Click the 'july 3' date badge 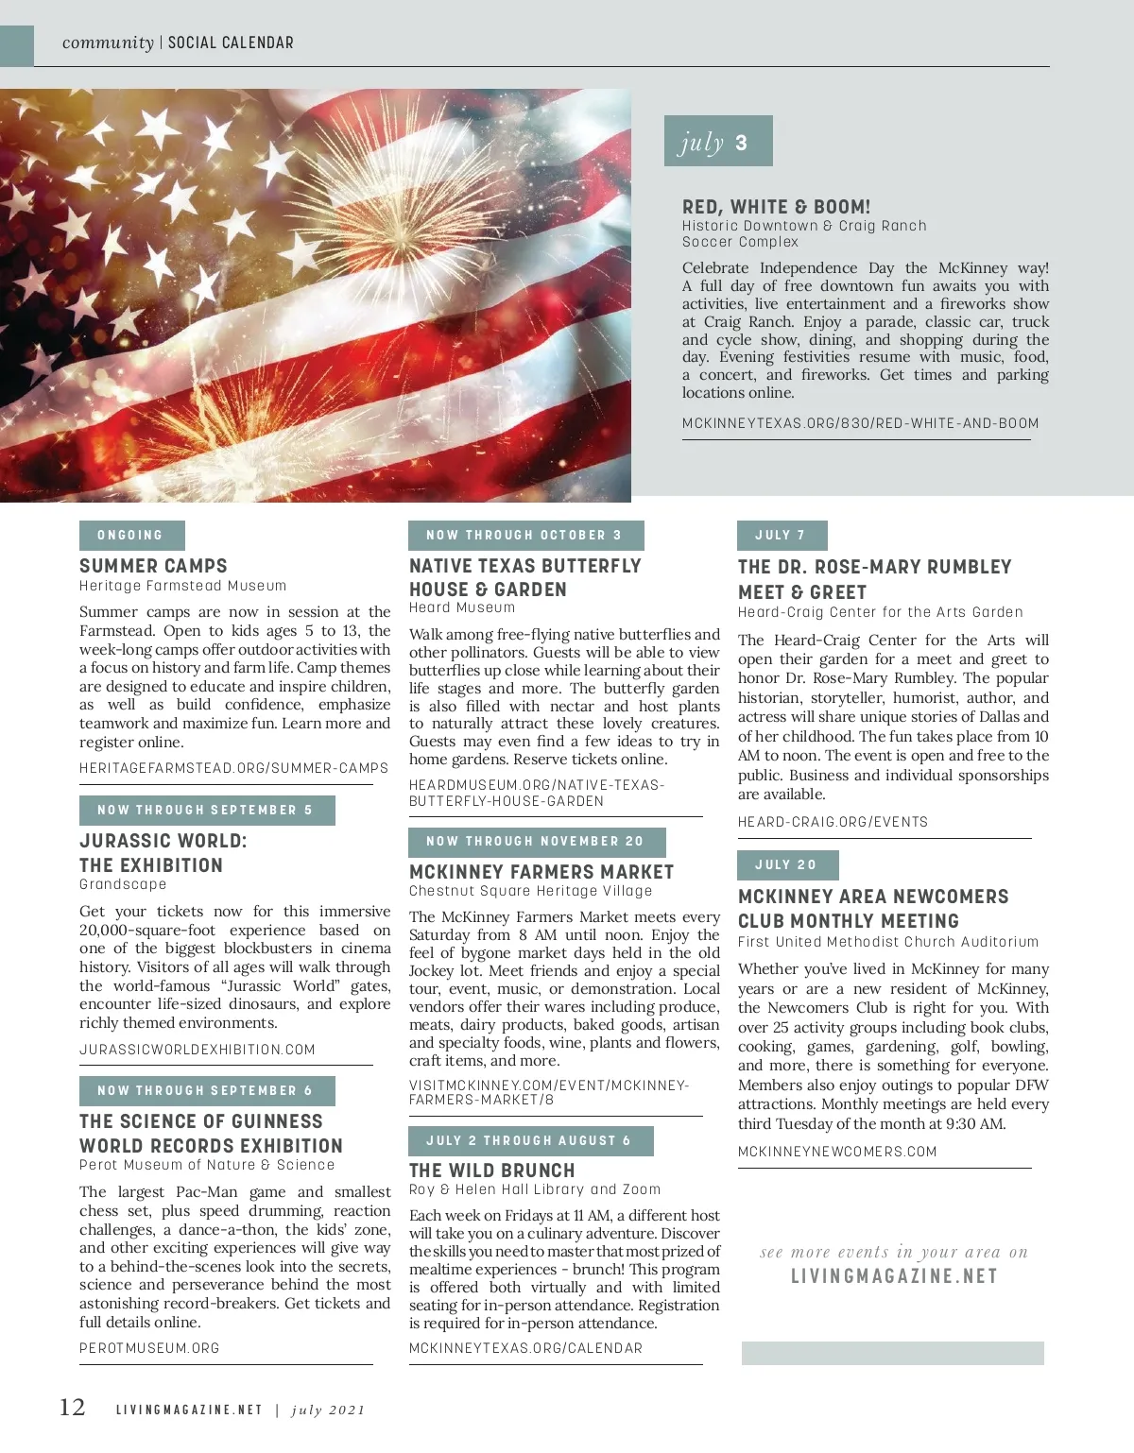coord(717,142)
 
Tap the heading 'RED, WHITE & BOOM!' coord(776,207)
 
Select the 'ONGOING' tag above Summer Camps coord(131,536)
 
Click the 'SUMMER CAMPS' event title coord(153,566)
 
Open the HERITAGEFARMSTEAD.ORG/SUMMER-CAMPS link coord(233,768)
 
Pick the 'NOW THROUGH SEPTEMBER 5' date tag coord(206,811)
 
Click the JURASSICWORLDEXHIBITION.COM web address coord(198,1050)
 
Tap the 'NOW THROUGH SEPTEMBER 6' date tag coord(206,1091)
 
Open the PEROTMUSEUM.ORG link coord(149,1348)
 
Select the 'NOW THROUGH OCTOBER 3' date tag coord(525,536)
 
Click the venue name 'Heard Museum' coord(462,607)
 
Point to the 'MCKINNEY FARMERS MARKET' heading coord(541,872)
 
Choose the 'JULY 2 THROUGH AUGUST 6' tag coord(529,1141)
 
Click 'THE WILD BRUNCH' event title coord(491,1171)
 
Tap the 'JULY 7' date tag coord(782,536)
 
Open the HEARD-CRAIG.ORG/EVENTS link coord(833,822)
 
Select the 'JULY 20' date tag coord(786,865)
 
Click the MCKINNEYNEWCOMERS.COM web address coord(837,1152)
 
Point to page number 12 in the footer coord(73,1408)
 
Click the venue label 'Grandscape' coord(123,884)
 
